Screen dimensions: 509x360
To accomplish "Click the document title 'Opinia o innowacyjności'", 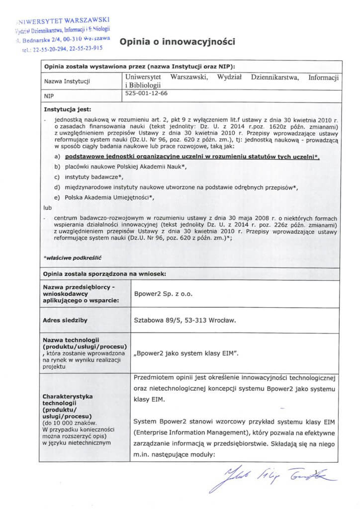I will click(x=177, y=42).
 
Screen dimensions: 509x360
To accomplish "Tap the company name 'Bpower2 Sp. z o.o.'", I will click(x=162, y=295).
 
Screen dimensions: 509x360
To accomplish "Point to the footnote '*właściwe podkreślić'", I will click(x=68, y=256).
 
